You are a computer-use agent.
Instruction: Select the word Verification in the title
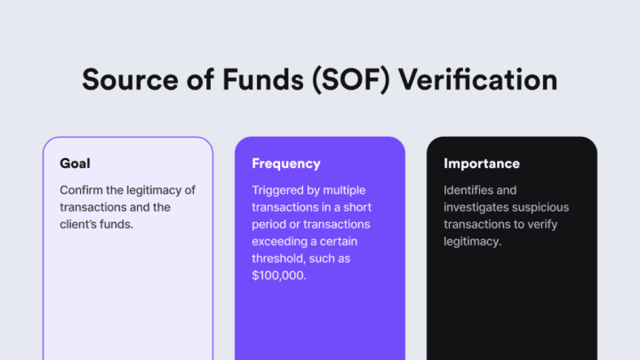coord(477,79)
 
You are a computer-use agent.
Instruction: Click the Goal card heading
coord(75,164)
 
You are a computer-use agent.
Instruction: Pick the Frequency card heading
coord(286,164)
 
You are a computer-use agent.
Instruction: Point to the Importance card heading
coord(482,164)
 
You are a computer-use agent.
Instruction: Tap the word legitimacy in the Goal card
coord(159,190)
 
